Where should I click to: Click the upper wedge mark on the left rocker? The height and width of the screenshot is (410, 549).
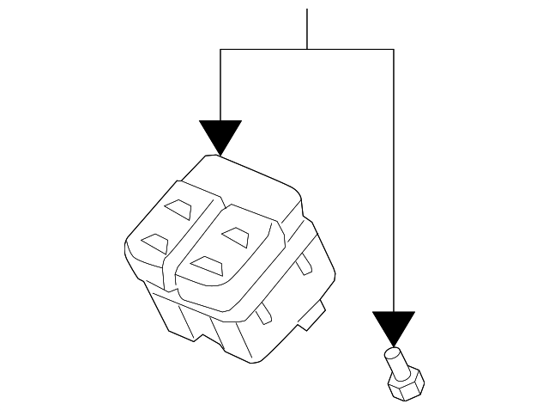pos(180,209)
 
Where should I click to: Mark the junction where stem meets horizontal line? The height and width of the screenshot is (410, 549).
pos(307,50)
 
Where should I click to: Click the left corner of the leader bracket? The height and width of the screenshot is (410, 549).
pos(220,50)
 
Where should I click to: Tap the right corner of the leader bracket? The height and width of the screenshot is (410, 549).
pos(394,50)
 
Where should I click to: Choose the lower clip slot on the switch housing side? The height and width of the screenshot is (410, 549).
pos(268,310)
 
